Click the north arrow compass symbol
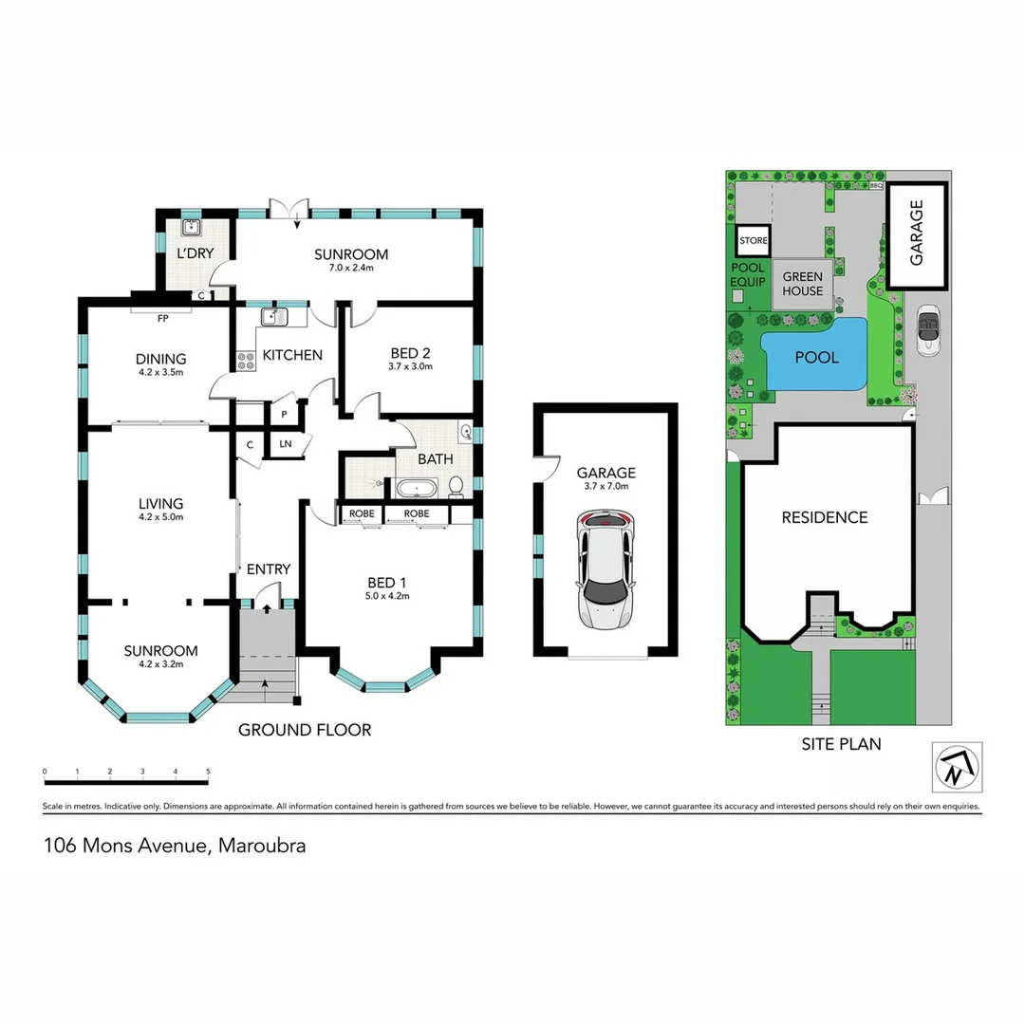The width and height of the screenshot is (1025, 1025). click(x=958, y=767)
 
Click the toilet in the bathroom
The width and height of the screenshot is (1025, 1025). click(x=455, y=486)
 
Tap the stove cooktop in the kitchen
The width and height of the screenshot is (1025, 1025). click(x=245, y=361)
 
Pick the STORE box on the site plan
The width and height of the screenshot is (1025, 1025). click(x=754, y=241)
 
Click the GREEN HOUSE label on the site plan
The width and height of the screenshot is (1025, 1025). click(x=802, y=284)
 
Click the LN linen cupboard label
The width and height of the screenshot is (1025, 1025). click(x=285, y=444)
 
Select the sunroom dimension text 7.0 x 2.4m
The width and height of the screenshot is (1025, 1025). click(x=351, y=269)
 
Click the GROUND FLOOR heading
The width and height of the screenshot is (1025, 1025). click(x=304, y=730)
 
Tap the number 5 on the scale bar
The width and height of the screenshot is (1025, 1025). click(x=208, y=772)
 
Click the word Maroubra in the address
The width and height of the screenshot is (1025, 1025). click(x=262, y=846)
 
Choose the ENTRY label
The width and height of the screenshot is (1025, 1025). click(x=269, y=569)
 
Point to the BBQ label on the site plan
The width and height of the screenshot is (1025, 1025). click(x=876, y=187)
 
